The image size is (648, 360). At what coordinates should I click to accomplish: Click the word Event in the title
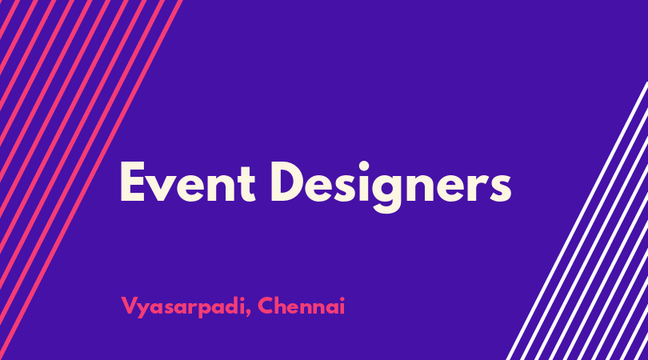pyautogui.click(x=188, y=182)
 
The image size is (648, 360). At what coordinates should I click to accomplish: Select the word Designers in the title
pyautogui.click(x=391, y=186)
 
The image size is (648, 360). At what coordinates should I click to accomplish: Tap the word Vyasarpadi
pyautogui.click(x=183, y=307)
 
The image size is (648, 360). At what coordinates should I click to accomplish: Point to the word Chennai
pyautogui.click(x=302, y=306)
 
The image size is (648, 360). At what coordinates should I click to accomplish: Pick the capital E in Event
pyautogui.click(x=132, y=182)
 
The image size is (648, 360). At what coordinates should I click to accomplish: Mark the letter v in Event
pyautogui.click(x=162, y=188)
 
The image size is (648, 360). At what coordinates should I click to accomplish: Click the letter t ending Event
pyautogui.click(x=247, y=185)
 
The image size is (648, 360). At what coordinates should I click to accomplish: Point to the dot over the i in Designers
pyautogui.click(x=363, y=166)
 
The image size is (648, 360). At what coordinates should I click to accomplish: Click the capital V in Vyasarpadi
pyautogui.click(x=130, y=306)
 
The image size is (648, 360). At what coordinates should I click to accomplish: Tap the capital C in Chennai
pyautogui.click(x=266, y=306)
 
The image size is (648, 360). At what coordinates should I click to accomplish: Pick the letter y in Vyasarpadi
pyautogui.click(x=144, y=310)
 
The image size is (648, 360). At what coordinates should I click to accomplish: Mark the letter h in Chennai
pyautogui.click(x=283, y=306)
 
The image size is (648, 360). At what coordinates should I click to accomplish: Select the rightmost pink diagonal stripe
pyautogui.click(x=90, y=180)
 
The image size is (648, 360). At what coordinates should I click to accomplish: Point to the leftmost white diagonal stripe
pyautogui.click(x=578, y=221)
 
